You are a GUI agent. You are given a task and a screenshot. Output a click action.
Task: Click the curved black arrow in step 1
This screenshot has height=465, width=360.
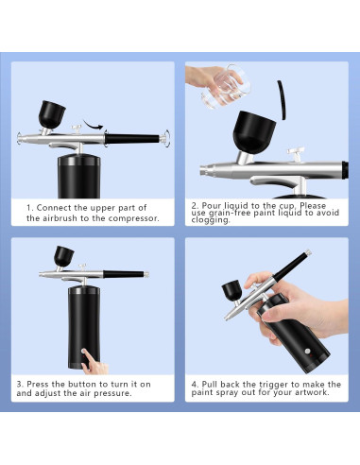coord(94,125)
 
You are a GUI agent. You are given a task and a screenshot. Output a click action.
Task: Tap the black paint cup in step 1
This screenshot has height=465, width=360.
coord(52,114)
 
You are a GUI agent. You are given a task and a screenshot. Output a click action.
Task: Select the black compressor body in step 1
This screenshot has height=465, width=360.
coord(79,177)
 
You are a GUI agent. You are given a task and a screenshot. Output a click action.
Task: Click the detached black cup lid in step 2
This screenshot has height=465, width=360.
coord(282,100)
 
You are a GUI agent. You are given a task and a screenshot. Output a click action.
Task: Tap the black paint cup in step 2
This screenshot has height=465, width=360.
coord(254,132)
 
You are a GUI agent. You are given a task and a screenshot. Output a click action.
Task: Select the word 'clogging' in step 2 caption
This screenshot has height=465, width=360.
coord(210,220)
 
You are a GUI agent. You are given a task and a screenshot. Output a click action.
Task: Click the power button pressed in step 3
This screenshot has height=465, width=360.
coord(84,351)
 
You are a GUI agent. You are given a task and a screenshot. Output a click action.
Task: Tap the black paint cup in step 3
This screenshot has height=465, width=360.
coord(63,255)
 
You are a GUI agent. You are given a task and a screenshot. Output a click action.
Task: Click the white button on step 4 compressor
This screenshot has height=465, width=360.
coord(307,352)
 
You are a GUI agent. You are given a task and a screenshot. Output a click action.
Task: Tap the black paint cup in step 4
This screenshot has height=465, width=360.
coord(232,292)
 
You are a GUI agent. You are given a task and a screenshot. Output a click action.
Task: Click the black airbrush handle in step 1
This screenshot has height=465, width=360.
coord(132,139)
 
